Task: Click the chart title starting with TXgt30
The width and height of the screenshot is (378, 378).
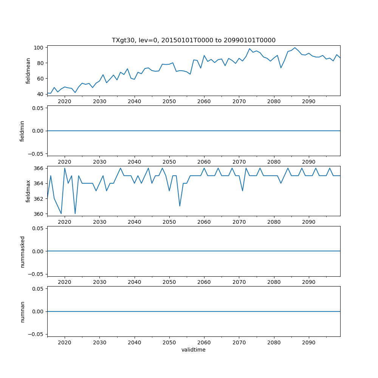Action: coord(194,40)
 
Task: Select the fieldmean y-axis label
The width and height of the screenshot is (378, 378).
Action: coord(28,71)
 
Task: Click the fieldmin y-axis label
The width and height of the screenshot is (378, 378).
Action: coord(22,131)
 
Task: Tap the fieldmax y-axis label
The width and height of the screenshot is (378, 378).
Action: coord(28,191)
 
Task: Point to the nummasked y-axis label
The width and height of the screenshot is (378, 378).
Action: coord(22,251)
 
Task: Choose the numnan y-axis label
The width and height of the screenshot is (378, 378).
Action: coord(22,311)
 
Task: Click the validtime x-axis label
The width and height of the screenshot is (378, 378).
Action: coord(194,350)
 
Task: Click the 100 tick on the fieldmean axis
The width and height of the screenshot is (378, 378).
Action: coord(39,48)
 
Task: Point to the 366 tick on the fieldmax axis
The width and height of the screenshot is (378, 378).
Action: coord(39,168)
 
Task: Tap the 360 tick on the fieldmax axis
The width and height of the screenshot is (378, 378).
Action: coord(39,214)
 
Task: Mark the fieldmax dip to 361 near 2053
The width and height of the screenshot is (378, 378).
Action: coord(180,206)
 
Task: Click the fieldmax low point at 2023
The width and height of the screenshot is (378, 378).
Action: coord(75,214)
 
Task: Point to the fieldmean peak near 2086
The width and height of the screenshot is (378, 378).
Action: coord(295,48)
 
